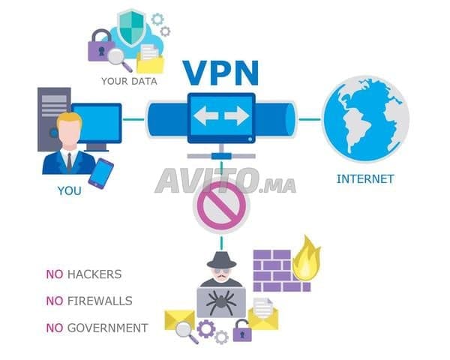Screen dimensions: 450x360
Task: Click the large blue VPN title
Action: tap(220, 73)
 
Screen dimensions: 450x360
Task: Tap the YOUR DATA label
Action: tap(129, 81)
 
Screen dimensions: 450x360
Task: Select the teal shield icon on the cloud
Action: tap(131, 28)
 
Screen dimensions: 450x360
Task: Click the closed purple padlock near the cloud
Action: tap(100, 46)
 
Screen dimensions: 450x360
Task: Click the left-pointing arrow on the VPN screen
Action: tap(205, 115)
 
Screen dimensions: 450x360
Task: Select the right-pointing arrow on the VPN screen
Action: tap(237, 115)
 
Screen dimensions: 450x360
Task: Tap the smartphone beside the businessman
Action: tap(100, 173)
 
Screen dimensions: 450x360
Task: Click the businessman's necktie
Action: tap(70, 163)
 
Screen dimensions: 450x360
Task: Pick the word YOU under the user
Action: tap(70, 191)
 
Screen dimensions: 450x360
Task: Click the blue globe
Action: tap(366, 118)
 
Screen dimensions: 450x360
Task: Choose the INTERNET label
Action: tap(365, 178)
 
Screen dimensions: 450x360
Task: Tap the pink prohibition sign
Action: tap(221, 206)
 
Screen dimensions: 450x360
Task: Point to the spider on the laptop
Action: tap(220, 301)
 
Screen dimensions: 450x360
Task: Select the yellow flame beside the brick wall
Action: tap(307, 259)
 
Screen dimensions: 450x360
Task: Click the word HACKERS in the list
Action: tap(94, 274)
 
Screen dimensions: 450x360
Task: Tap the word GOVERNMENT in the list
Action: tap(107, 328)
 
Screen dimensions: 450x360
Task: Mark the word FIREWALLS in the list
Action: tap(100, 301)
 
